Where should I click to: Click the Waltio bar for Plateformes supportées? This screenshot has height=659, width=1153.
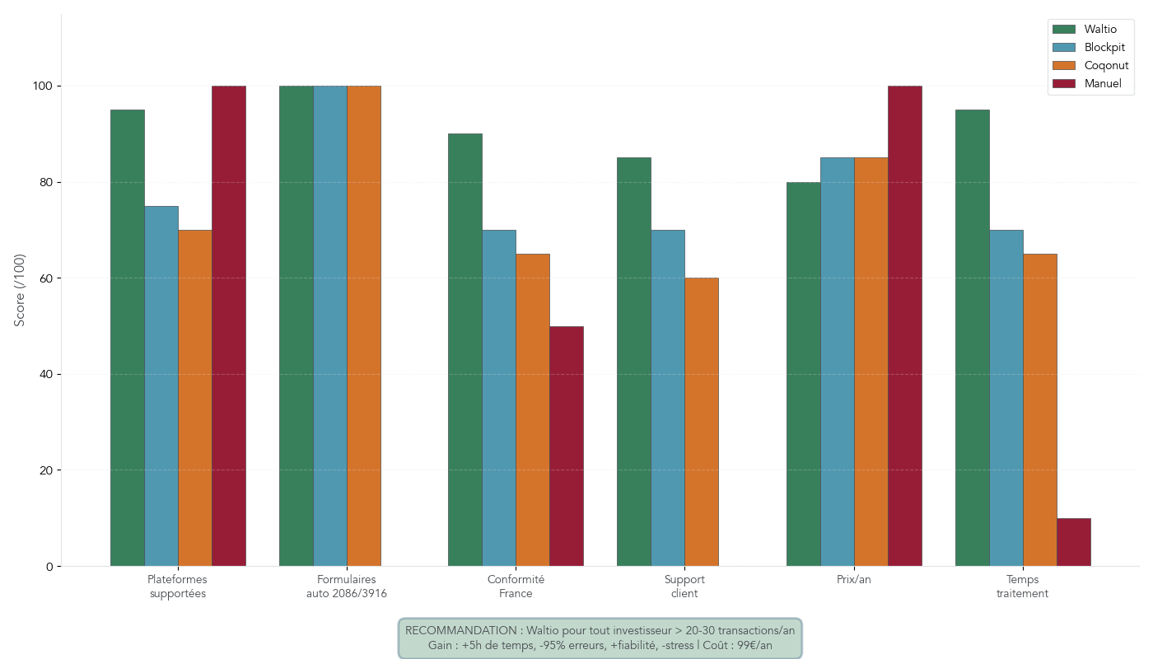128,338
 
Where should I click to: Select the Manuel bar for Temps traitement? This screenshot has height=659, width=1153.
1073,542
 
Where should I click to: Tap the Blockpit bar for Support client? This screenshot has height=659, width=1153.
667,398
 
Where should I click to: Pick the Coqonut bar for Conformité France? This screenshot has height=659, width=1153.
533,409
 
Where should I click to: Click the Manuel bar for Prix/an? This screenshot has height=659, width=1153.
904,325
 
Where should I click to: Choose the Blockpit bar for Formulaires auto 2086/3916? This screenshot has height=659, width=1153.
329,325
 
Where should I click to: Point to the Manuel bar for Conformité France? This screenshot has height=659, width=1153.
567,446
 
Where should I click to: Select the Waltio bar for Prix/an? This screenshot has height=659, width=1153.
803,374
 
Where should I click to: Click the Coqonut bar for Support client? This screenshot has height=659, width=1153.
702,422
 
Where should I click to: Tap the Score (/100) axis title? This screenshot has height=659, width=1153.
20,290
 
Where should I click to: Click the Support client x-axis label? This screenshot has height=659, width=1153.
684,586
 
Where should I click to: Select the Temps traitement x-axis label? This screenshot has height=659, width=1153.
1022,586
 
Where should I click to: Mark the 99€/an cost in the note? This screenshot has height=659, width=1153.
754,646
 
